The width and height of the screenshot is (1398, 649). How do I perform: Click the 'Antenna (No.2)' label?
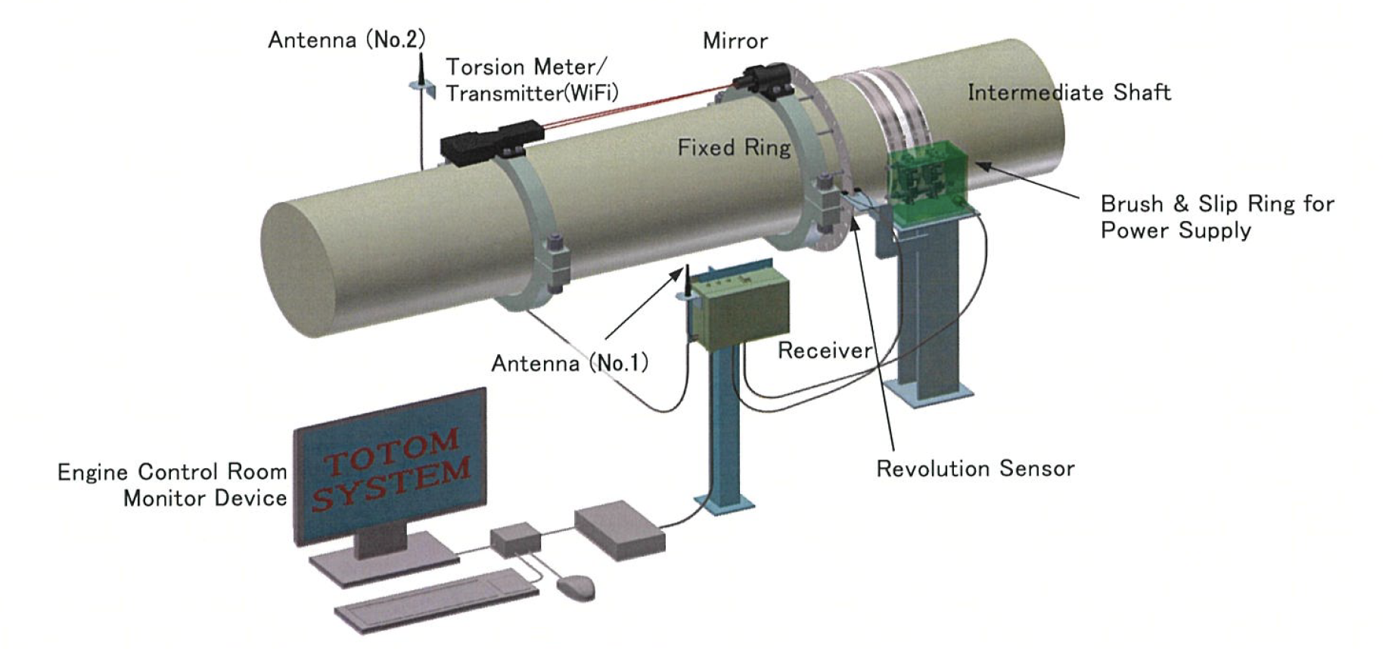point(346,39)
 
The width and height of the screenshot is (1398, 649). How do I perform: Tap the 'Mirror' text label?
point(735,41)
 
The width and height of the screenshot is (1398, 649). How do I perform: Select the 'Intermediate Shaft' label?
point(1069,92)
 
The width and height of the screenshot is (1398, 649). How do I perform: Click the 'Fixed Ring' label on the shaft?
point(733,147)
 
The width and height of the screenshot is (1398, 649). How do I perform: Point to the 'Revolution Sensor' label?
point(975,469)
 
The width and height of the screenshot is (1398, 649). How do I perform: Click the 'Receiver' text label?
point(825,350)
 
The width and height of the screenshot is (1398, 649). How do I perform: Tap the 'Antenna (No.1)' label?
point(570,363)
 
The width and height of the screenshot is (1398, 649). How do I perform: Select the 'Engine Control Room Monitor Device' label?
point(172,485)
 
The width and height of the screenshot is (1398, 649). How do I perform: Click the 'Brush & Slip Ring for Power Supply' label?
point(1216,216)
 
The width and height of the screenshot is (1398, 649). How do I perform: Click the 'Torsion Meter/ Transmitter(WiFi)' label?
point(531,80)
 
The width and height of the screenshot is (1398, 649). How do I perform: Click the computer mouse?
point(576,586)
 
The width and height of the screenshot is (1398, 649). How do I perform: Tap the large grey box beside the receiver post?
point(619,530)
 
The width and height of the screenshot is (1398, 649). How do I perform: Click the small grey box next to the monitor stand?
point(516,538)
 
